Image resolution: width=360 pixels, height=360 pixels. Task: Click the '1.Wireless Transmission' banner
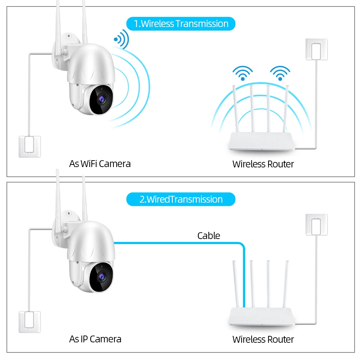181,24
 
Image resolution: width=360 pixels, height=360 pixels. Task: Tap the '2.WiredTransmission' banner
181,199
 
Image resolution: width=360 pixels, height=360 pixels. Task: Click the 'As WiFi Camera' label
100,164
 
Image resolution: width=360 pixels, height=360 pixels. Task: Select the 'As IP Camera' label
95,339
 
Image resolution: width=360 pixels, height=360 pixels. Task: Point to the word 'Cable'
209,235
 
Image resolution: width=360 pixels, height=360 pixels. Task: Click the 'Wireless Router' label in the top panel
263,164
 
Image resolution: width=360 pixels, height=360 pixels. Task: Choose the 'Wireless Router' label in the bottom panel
263,339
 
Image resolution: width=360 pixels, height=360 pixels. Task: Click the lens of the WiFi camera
102,99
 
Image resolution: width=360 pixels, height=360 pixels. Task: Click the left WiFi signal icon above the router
243,73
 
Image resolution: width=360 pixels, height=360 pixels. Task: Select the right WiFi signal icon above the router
280,73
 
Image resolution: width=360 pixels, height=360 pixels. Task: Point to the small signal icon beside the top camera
121,39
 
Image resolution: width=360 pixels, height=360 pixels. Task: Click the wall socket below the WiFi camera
30,147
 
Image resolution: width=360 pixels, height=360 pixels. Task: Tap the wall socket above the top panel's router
316,49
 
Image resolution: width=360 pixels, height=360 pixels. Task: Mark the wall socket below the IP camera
30,322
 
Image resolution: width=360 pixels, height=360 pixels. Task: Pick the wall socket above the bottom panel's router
316,225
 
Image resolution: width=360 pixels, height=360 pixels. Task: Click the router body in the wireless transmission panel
262,141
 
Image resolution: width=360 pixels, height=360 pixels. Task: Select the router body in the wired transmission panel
262,316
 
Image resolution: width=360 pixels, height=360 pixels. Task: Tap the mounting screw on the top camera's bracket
68,36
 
